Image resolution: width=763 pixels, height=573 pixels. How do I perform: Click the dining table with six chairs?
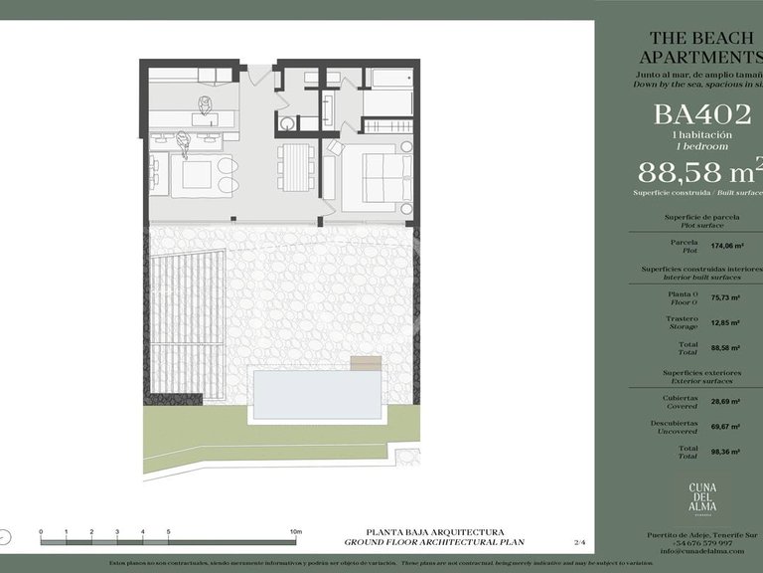pos(295,166)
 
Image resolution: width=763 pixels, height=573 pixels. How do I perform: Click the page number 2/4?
pos(580,542)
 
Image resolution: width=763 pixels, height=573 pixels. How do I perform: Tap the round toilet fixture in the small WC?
pos(287,124)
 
